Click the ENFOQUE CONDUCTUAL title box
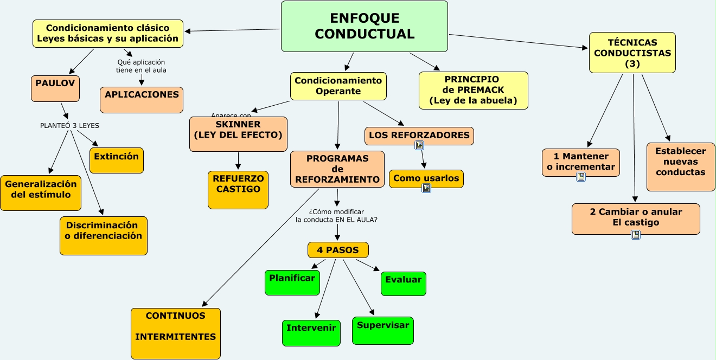point(364,27)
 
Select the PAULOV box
point(55,88)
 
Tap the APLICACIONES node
point(142,100)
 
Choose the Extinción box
point(116,160)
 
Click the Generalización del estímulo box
point(41,192)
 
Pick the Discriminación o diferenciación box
point(103,235)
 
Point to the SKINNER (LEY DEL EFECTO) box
point(238,134)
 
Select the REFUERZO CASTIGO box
point(238,190)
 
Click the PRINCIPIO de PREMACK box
point(474,90)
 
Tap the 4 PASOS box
point(338,250)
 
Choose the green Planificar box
point(292,282)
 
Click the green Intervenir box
point(311,332)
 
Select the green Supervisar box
point(382,330)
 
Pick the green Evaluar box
point(403,284)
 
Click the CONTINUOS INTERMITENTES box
point(176,333)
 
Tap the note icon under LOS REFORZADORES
point(419,145)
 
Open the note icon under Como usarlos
point(426,188)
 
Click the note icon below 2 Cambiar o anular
point(636,235)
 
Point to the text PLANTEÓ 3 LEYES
point(69,125)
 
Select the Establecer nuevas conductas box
point(681,166)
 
